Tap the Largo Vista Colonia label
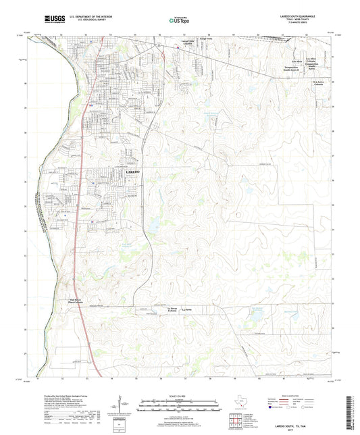[187, 43]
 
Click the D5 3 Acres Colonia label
[320, 83]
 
